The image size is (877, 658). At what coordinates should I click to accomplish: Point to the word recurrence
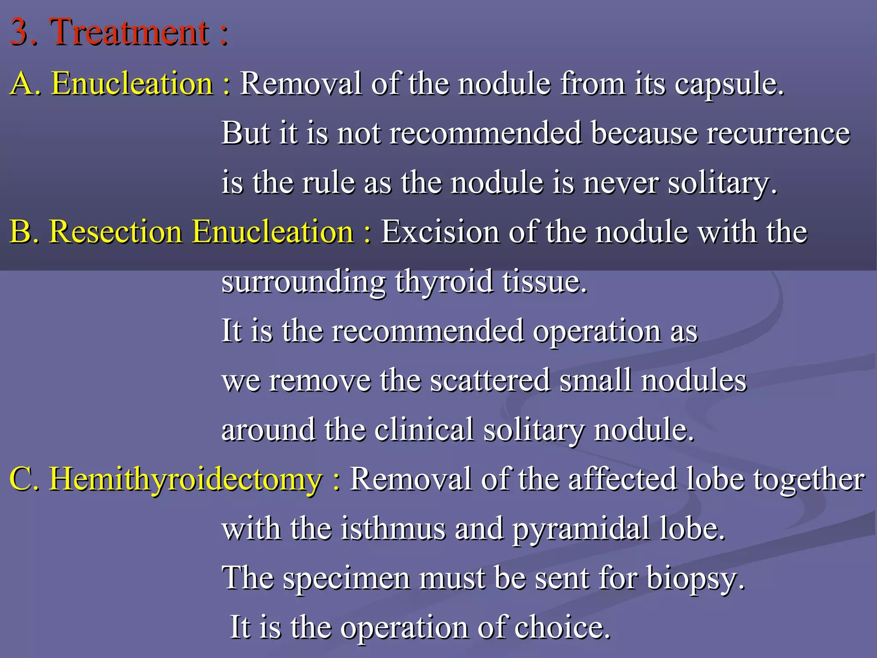click(x=778, y=133)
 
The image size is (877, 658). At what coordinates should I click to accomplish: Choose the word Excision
click(x=440, y=232)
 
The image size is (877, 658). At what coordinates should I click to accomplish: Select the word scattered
click(x=490, y=381)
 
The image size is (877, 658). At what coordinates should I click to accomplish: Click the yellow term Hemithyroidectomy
click(x=185, y=479)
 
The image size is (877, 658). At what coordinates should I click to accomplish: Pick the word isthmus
click(x=393, y=529)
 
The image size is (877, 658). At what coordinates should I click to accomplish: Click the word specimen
click(x=346, y=579)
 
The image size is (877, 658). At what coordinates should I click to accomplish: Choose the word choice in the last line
click(x=562, y=628)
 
